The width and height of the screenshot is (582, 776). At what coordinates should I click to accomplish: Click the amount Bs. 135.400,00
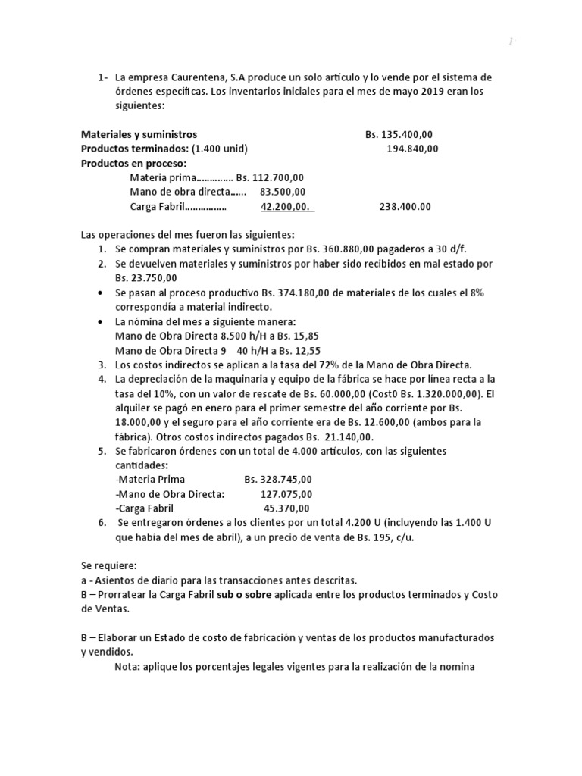399,135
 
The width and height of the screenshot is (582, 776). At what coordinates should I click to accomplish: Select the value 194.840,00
412,149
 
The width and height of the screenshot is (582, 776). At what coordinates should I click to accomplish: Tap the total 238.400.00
405,206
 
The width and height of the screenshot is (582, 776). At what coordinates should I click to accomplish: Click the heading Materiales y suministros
139,135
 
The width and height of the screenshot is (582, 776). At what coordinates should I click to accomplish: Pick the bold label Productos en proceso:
133,163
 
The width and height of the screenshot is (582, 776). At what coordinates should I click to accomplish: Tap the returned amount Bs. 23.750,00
147,278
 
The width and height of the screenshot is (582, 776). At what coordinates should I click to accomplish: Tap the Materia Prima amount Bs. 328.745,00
278,479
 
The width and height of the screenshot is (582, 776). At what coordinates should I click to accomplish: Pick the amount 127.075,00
285,493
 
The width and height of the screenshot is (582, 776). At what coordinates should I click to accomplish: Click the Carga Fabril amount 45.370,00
286,508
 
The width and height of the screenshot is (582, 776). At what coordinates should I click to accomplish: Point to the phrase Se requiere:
109,565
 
